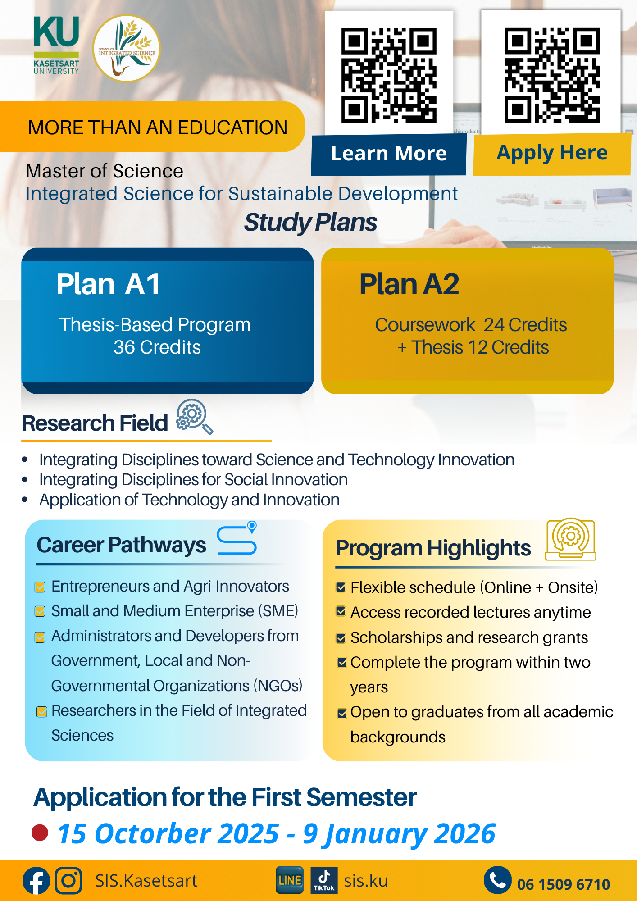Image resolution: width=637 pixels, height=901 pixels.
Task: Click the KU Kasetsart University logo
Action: [56, 45]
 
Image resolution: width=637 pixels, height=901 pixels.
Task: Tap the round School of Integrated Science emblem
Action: [127, 49]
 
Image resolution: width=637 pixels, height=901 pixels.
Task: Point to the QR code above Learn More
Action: [389, 76]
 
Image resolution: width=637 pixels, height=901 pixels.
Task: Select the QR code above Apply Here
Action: [552, 76]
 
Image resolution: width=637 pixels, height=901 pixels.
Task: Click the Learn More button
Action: [389, 154]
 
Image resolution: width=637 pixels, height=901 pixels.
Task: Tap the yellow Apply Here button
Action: [552, 154]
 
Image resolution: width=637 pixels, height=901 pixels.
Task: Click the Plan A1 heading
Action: [108, 284]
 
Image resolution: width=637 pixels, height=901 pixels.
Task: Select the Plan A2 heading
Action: [409, 284]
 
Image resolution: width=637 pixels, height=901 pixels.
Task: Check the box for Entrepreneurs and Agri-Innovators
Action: [40, 587]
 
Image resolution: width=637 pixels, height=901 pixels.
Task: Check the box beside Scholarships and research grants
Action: [341, 638]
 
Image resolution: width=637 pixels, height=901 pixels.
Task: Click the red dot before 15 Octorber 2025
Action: [40, 833]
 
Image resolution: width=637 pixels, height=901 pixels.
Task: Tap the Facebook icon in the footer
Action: [36, 880]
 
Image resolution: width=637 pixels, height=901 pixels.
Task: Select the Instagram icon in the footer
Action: [68, 880]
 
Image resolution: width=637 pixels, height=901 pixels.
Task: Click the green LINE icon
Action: [290, 880]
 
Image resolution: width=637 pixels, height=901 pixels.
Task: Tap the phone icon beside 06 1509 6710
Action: [498, 880]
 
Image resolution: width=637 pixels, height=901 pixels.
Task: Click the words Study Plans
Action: [310, 223]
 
